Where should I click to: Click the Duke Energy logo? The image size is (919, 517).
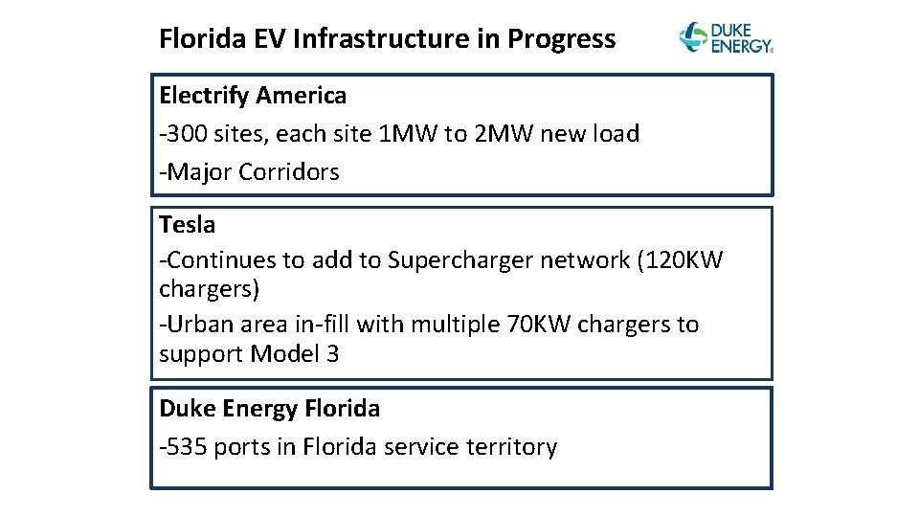pos(725,37)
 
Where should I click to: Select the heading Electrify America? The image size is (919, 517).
pos(253,96)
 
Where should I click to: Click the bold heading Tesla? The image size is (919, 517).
pos(188,225)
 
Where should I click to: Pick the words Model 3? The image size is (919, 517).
pos(294,354)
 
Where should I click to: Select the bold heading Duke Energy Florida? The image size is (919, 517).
pos(269,409)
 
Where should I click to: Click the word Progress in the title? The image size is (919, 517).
pos(562,39)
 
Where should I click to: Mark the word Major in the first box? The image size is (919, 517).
pos(199,172)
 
